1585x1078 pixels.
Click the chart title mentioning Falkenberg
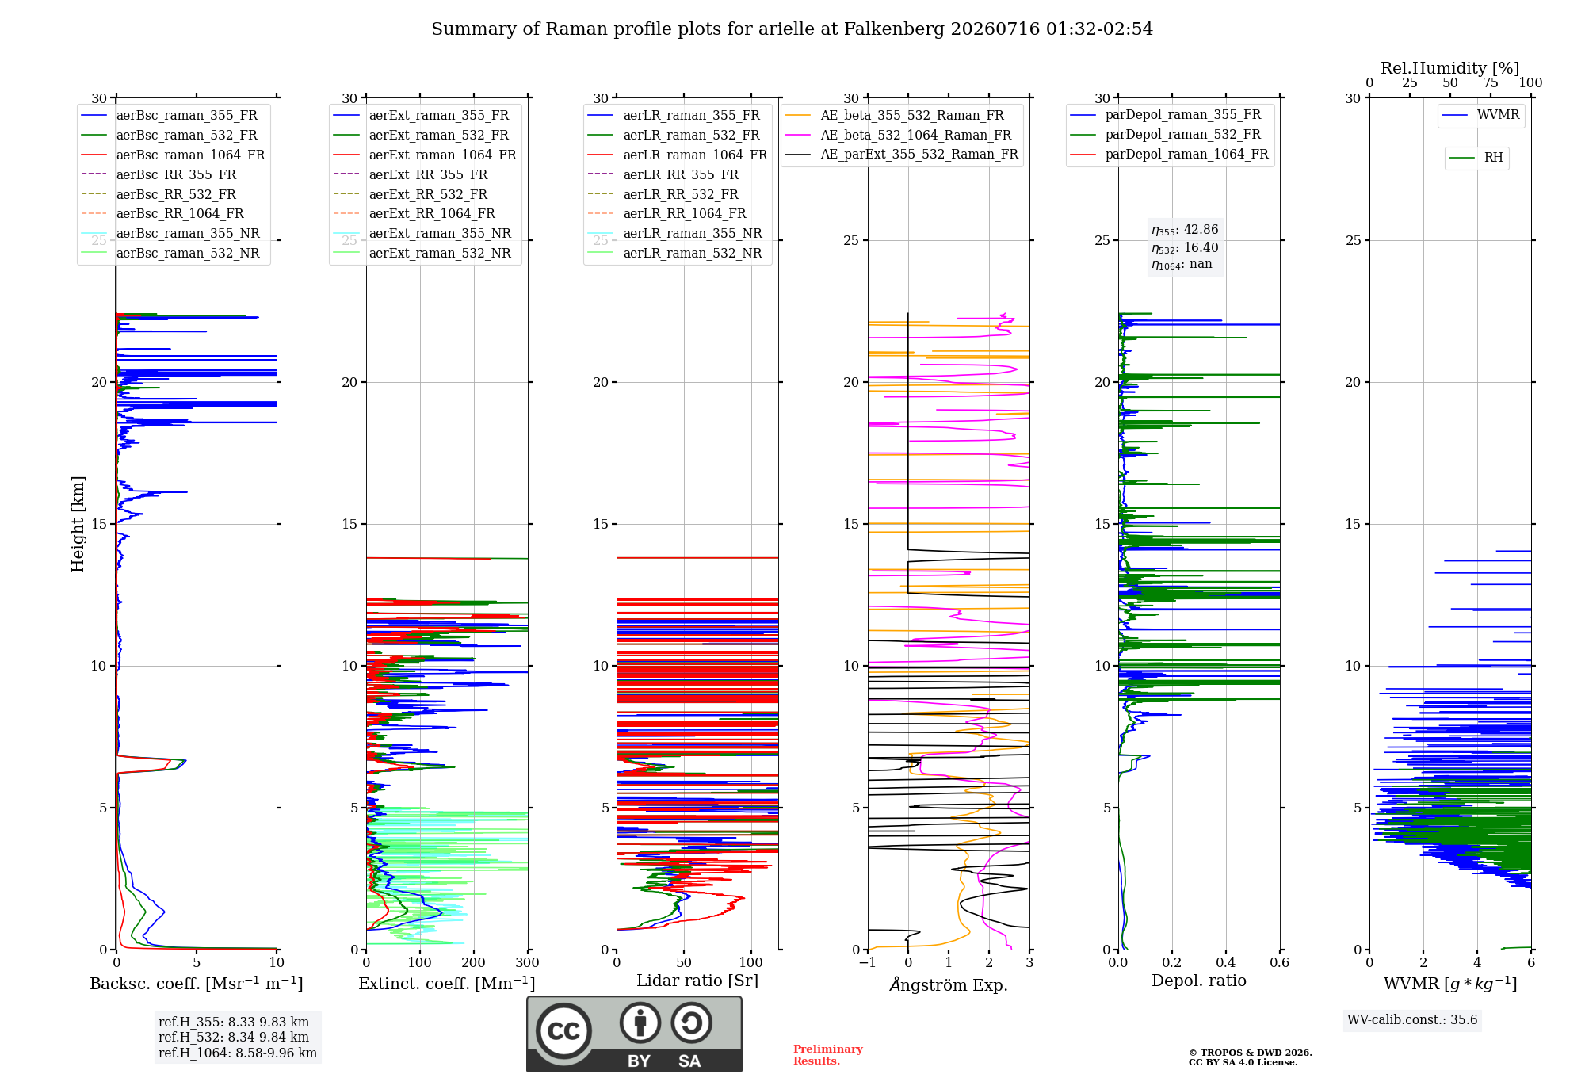click(792, 29)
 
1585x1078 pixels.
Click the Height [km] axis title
click(78, 524)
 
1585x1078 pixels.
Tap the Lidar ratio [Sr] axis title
click(697, 981)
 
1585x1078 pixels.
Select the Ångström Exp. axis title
click(949, 984)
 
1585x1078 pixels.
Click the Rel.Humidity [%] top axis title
click(1450, 68)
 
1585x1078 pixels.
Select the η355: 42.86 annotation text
click(1185, 230)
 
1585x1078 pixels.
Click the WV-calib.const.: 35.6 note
click(1412, 1020)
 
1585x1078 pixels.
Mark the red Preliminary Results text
click(828, 1055)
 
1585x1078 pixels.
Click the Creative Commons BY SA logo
click(634, 1034)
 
